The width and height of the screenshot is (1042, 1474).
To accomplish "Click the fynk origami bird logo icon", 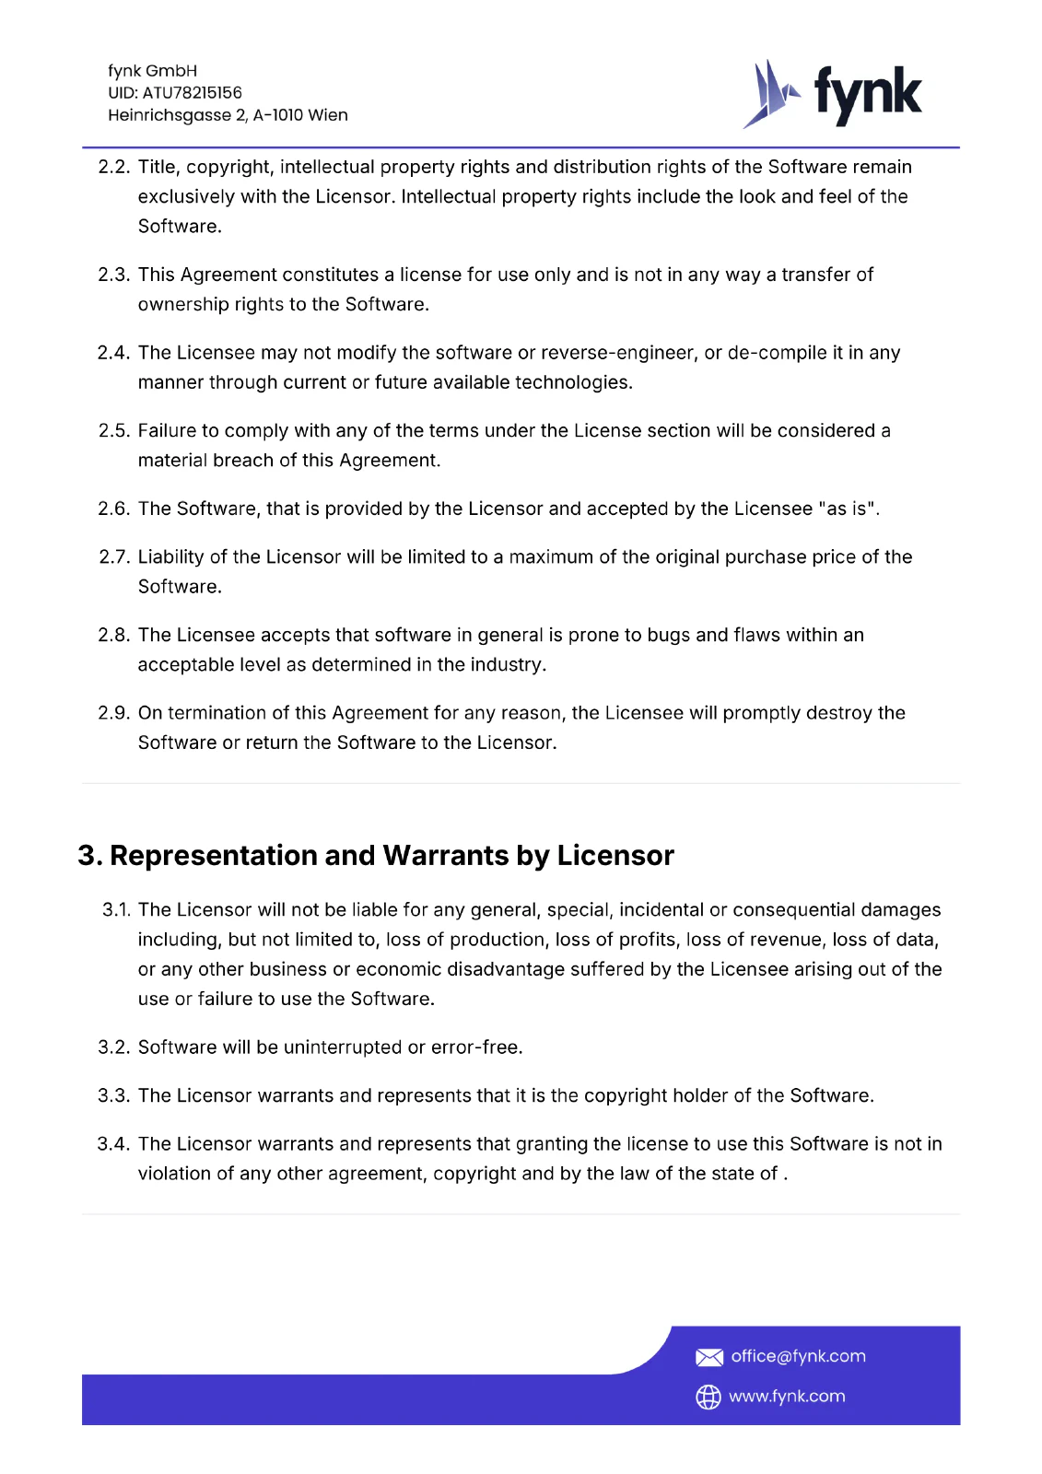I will (x=770, y=94).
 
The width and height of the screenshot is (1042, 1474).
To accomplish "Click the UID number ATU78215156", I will (x=192, y=93).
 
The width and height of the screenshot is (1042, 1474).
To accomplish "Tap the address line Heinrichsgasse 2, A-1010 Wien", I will (x=228, y=115).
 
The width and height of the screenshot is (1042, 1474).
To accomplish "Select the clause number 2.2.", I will (x=113, y=167).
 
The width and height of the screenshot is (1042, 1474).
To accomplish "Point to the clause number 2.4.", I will (x=113, y=353).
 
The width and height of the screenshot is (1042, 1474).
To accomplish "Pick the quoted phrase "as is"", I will (x=847, y=509).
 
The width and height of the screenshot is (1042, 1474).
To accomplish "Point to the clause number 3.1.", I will (x=117, y=910).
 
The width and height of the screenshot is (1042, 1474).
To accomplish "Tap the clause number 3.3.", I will (x=113, y=1095).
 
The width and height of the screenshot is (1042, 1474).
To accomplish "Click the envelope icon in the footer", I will (x=708, y=1357).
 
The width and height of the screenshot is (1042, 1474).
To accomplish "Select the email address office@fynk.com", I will (x=798, y=1356).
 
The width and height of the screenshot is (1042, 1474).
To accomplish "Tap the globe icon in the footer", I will (x=708, y=1397).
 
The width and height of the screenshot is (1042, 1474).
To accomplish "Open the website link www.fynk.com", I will (x=787, y=1397).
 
